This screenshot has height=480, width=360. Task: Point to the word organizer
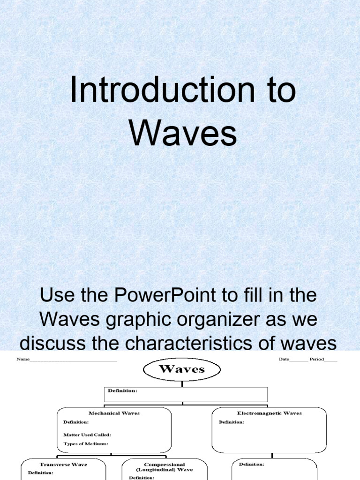(225, 320)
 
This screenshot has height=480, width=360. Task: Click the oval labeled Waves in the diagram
(182, 369)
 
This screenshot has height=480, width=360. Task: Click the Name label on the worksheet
(22, 360)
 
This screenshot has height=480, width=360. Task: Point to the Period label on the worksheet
(316, 360)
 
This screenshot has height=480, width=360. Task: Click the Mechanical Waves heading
(114, 413)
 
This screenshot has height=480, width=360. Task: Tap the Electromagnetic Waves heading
(269, 413)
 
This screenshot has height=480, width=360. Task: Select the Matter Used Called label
(87, 435)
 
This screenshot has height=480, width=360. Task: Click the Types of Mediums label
(86, 443)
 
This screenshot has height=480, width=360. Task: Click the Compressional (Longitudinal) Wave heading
(164, 467)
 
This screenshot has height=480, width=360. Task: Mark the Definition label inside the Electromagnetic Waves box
(232, 422)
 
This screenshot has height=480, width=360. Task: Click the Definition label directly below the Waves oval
(123, 390)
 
